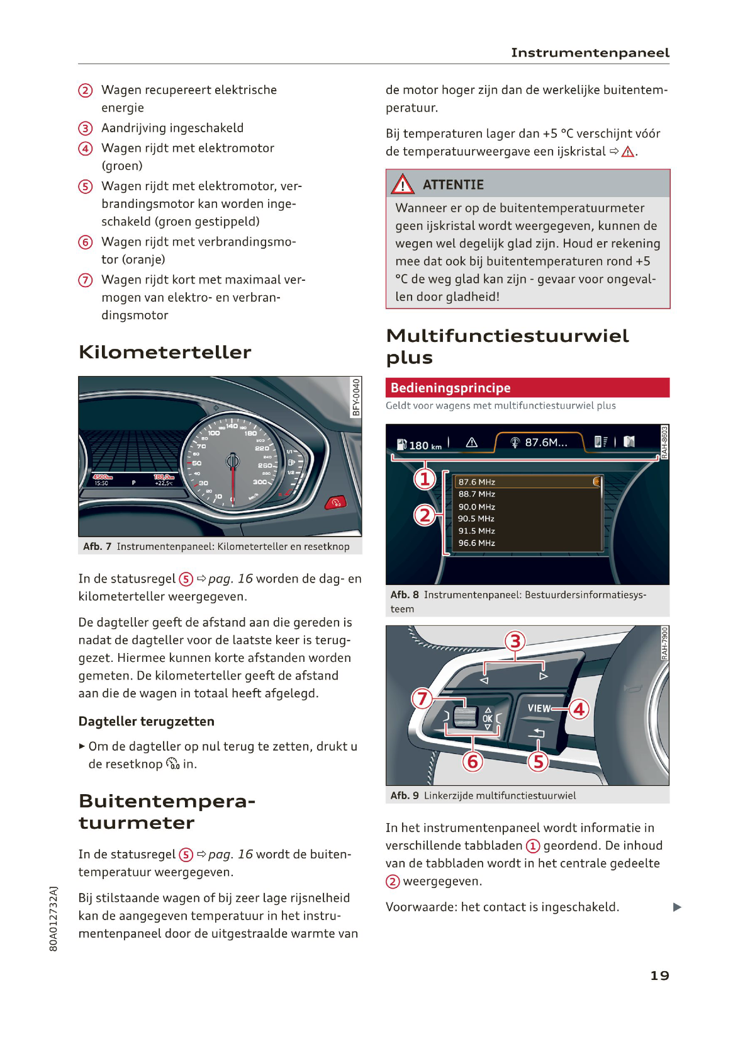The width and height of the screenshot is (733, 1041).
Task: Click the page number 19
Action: pyautogui.click(x=659, y=976)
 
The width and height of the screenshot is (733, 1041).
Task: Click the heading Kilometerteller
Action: pyautogui.click(x=165, y=352)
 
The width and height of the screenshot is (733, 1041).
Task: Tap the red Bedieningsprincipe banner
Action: pyautogui.click(x=527, y=388)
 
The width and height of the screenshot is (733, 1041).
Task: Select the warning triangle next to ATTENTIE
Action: pyautogui.click(x=403, y=185)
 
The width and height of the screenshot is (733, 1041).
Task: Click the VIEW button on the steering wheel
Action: pyautogui.click(x=539, y=708)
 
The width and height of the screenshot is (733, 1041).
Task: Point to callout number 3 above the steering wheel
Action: pyautogui.click(x=515, y=641)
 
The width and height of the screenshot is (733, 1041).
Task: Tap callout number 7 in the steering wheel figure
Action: pyautogui.click(x=422, y=698)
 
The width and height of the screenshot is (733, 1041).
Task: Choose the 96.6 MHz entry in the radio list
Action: pyautogui.click(x=476, y=543)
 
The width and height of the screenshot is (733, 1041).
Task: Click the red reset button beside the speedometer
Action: pyautogui.click(x=335, y=503)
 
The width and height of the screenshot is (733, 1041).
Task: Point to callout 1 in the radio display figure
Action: pyautogui.click(x=425, y=479)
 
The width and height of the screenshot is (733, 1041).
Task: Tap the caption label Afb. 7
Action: pyautogui.click(x=97, y=547)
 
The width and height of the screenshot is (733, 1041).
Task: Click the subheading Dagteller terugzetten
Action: pyautogui.click(x=147, y=722)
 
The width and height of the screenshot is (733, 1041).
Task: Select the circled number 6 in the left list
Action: pyautogui.click(x=86, y=242)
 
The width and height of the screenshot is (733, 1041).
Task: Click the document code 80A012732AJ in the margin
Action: pyautogui.click(x=53, y=919)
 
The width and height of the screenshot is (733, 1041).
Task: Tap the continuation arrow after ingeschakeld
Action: pyautogui.click(x=677, y=907)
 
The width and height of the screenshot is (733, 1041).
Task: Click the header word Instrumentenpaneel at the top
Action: pyautogui.click(x=590, y=53)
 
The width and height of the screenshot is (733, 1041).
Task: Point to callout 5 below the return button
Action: pyautogui.click(x=538, y=761)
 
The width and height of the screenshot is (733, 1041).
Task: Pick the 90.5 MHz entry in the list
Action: pyautogui.click(x=476, y=519)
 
